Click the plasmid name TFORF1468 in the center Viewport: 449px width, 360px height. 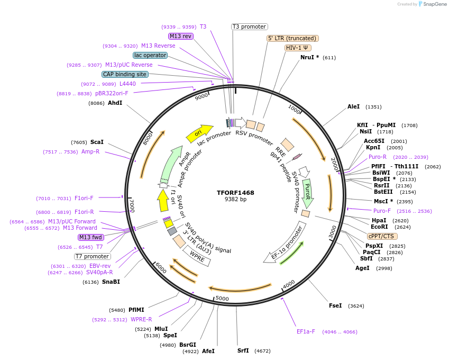click(x=235, y=193)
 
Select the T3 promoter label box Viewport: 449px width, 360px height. click(x=250, y=26)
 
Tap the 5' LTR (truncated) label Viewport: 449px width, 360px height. click(x=292, y=38)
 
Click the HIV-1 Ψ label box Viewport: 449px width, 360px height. click(x=298, y=48)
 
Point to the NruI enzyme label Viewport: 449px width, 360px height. click(x=309, y=57)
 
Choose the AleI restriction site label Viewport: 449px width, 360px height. click(x=353, y=106)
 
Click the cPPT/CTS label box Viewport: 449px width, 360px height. click(x=381, y=236)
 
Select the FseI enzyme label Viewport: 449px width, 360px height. click(x=335, y=305)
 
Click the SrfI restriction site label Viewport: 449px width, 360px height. click(x=243, y=350)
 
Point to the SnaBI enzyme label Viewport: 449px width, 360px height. click(x=111, y=282)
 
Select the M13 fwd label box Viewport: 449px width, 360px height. click(x=90, y=237)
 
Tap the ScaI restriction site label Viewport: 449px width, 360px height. click(x=97, y=142)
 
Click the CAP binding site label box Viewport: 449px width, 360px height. click(x=125, y=75)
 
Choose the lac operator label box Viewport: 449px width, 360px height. click(x=150, y=55)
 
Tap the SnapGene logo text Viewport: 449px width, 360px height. click(x=432, y=4)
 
